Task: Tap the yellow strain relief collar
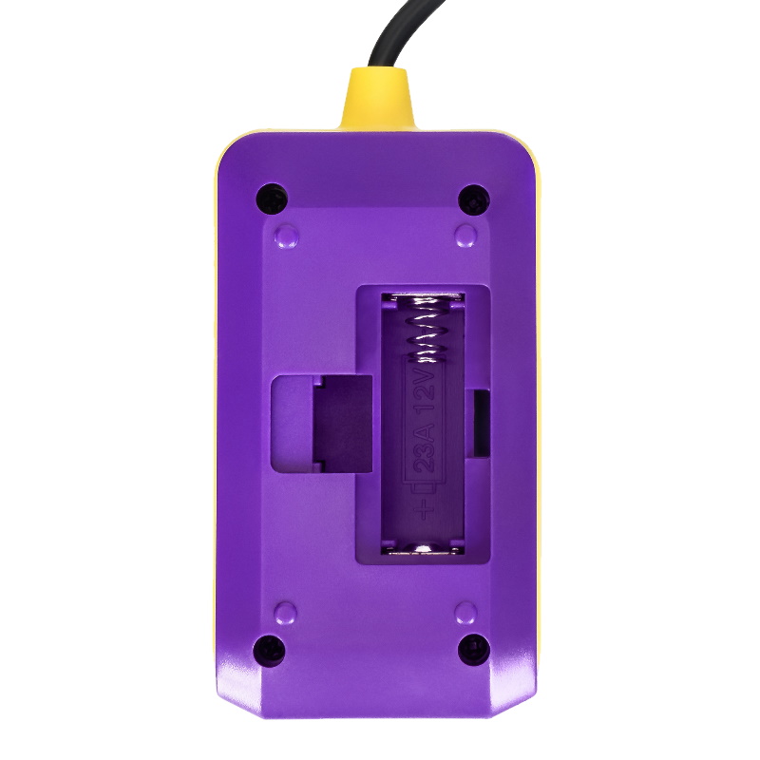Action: (377, 100)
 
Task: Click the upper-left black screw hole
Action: (272, 199)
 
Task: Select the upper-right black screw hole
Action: (473, 199)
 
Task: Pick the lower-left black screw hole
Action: (270, 651)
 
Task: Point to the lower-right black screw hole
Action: (474, 650)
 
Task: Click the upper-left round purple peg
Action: (287, 236)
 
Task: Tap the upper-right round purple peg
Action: (465, 236)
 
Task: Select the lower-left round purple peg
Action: (285, 613)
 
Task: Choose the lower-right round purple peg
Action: (465, 613)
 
